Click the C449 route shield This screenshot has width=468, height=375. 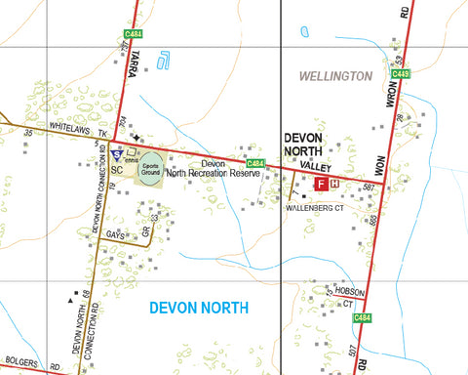403,72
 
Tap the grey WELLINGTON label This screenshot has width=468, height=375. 335,75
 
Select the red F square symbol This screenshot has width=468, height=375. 319,183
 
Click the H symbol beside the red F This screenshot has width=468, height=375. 334,183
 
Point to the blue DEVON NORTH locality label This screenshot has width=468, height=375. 199,308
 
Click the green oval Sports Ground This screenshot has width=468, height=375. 150,167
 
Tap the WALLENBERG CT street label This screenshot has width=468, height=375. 315,208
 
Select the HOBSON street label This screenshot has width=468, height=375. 348,291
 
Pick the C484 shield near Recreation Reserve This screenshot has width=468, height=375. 255,163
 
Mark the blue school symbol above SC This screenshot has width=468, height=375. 116,154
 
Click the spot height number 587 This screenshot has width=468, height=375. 368,187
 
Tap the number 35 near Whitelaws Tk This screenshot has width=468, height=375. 28,132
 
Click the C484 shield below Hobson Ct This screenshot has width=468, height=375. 363,317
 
